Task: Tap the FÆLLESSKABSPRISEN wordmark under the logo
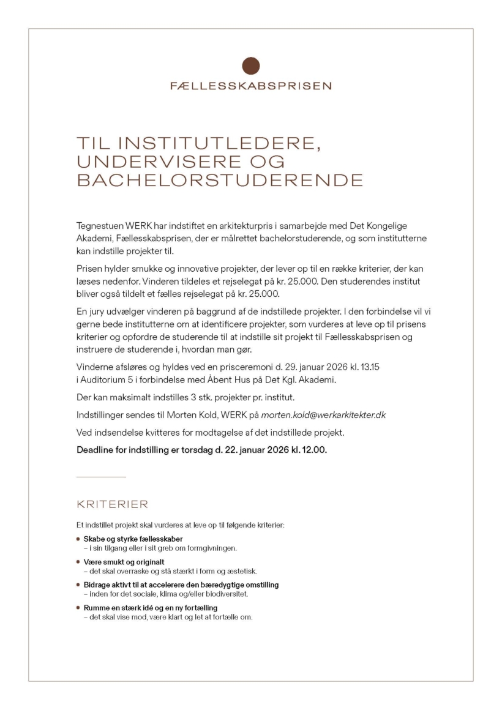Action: point(251,86)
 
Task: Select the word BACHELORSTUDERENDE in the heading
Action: point(220,181)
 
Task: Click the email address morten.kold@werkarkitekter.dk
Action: point(323,415)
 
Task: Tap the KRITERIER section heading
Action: point(112,504)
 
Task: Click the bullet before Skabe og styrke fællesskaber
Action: point(78,539)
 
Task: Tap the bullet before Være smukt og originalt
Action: point(78,562)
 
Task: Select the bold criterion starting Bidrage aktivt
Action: point(181,585)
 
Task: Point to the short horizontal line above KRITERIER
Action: point(101,476)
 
